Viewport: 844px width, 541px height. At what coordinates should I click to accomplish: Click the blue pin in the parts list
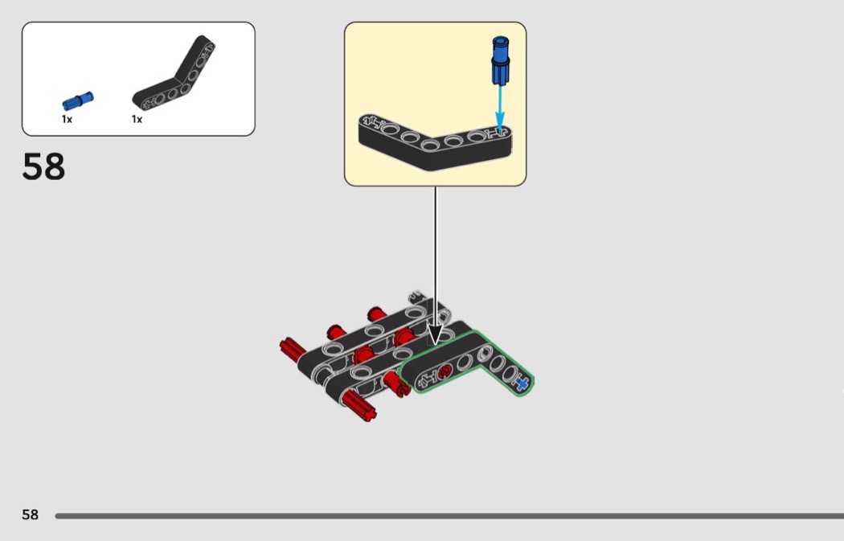[77, 100]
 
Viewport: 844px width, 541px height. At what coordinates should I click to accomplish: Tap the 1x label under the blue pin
[67, 119]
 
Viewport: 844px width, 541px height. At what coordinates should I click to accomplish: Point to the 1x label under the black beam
[137, 119]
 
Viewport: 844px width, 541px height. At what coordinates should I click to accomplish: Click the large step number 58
[43, 167]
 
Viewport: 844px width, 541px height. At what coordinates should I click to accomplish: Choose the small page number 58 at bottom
[30, 514]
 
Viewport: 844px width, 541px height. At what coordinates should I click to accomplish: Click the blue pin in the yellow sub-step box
[500, 60]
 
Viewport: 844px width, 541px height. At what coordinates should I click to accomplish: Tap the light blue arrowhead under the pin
[500, 121]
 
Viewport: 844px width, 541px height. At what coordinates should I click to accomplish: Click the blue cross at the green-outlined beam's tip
[523, 383]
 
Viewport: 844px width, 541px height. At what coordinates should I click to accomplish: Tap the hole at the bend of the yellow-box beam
[431, 145]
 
